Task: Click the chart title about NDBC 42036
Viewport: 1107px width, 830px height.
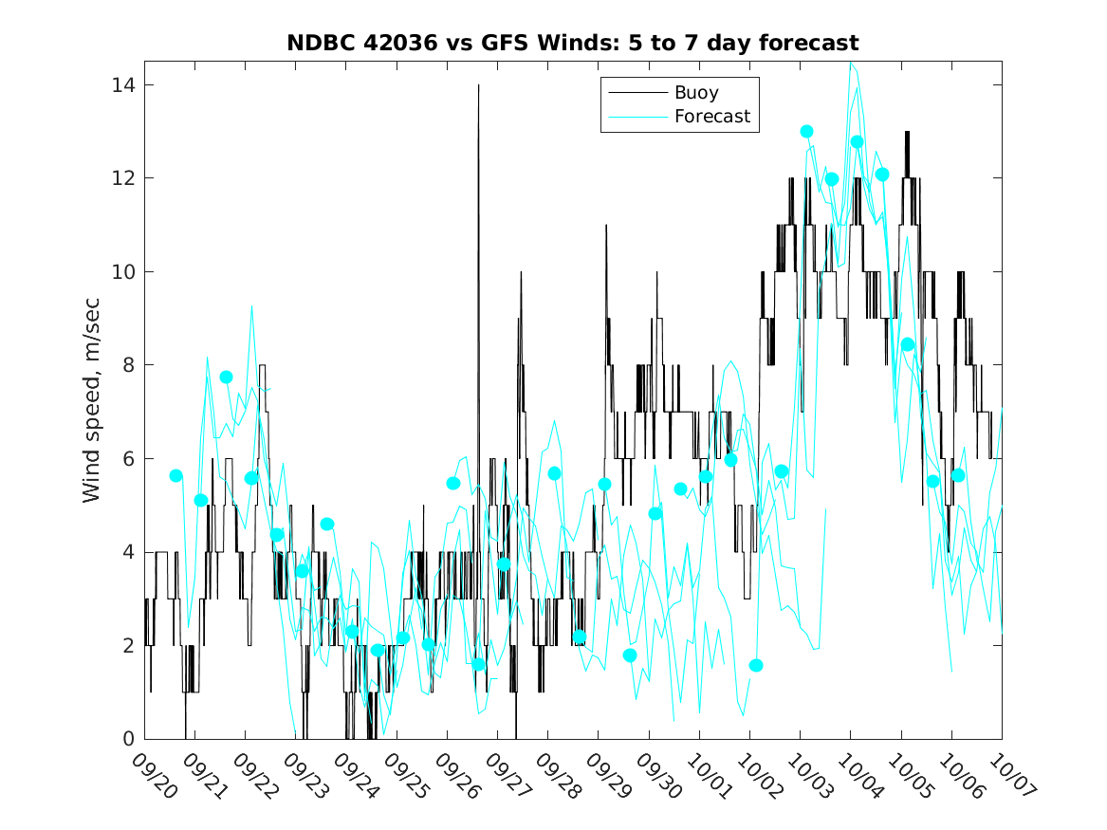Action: (x=573, y=43)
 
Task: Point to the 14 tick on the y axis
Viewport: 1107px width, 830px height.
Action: (x=120, y=85)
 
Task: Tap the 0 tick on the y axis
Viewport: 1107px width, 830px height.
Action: (x=126, y=739)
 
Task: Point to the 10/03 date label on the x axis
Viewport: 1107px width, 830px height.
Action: (x=809, y=775)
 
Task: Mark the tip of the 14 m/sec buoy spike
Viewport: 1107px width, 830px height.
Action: (x=478, y=85)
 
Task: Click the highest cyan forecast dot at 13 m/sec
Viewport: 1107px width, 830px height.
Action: (x=806, y=132)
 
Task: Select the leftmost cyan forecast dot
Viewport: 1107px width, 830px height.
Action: (x=175, y=475)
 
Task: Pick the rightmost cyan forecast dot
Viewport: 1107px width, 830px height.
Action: (x=958, y=475)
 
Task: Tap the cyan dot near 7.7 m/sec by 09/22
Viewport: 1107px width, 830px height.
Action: (x=226, y=377)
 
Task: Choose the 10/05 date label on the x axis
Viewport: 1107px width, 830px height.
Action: (x=910, y=775)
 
